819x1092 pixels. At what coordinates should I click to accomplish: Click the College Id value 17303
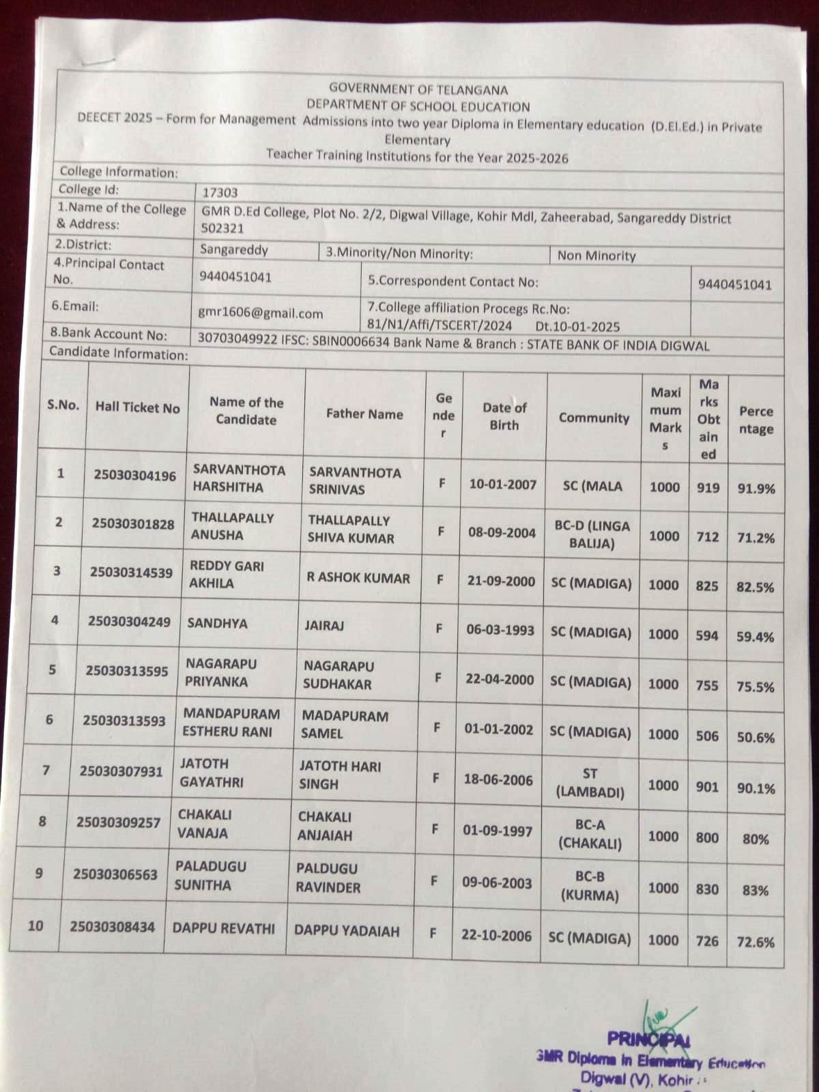[x=219, y=192]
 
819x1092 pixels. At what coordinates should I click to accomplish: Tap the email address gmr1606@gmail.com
[x=260, y=313]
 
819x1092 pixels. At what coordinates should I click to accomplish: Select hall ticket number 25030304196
[x=134, y=475]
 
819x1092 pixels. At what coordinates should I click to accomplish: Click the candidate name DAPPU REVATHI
[x=224, y=929]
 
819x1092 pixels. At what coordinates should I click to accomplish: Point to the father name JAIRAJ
[x=324, y=625]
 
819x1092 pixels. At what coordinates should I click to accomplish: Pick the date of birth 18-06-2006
[x=498, y=780]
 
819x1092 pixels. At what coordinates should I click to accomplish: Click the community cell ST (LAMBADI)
[x=590, y=783]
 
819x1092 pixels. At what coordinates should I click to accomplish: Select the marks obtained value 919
[x=708, y=487]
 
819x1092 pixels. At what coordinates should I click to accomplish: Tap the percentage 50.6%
[x=756, y=737]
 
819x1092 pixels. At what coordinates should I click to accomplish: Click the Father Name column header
[x=364, y=414]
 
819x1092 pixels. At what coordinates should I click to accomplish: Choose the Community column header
[x=594, y=418]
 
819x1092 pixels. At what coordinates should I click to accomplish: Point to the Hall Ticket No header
[x=137, y=407]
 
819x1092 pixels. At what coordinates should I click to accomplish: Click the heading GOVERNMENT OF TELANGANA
[x=418, y=89]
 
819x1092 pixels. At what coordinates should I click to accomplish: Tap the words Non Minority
[x=597, y=256]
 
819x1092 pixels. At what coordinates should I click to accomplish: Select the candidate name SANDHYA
[x=217, y=623]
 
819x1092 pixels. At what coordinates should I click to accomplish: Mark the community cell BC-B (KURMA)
[x=590, y=885]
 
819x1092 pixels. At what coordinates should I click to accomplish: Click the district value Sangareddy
[x=233, y=250]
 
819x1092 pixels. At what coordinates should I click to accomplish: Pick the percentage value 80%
[x=755, y=839]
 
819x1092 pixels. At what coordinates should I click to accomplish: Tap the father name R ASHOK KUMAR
[x=358, y=578]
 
